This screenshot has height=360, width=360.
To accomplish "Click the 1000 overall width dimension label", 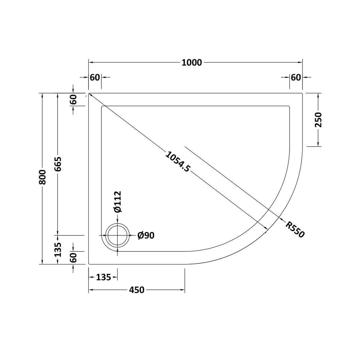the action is pyautogui.click(x=192, y=63).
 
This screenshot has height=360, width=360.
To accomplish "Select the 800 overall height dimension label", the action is pyautogui.click(x=43, y=177).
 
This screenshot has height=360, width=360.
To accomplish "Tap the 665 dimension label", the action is pyautogui.click(x=58, y=164).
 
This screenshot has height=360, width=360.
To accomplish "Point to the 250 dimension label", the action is pyautogui.click(x=318, y=120).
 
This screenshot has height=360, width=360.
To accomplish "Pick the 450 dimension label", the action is pyautogui.click(x=137, y=290).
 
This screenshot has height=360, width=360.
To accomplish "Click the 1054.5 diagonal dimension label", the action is pyautogui.click(x=178, y=162).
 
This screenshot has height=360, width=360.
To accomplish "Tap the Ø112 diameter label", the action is pyautogui.click(x=117, y=201).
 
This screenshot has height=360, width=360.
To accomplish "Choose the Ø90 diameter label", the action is pyautogui.click(x=146, y=235).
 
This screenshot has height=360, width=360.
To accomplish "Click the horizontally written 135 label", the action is pyautogui.click(x=103, y=277).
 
